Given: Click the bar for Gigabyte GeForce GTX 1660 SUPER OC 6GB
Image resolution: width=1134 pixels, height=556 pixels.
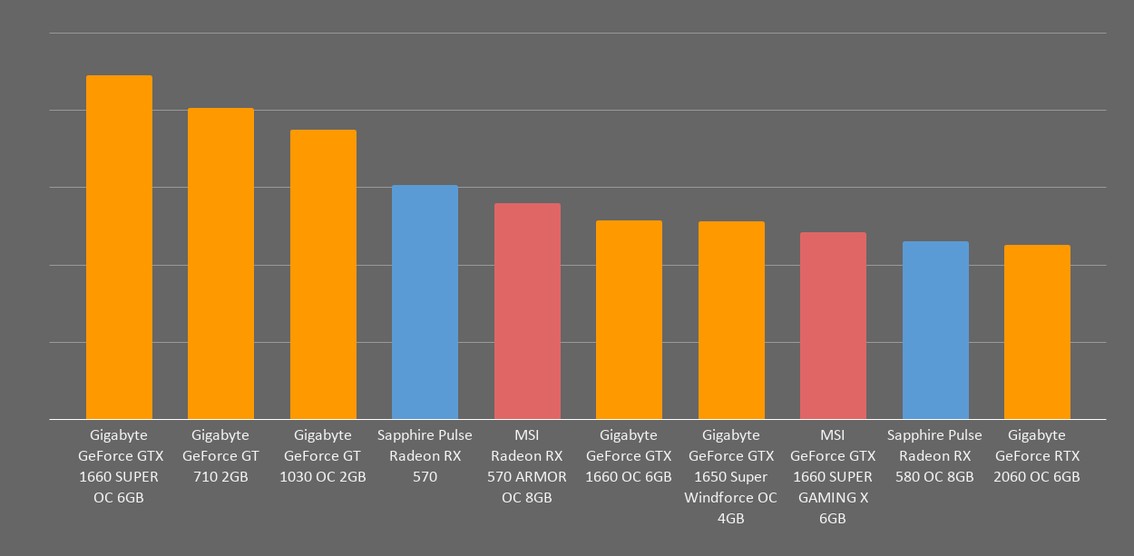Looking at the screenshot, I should pyautogui.click(x=119, y=247).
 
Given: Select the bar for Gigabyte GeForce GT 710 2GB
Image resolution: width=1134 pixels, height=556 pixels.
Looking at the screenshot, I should pyautogui.click(x=220, y=263).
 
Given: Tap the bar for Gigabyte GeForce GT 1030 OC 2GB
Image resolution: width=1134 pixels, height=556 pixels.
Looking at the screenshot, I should pyautogui.click(x=323, y=274).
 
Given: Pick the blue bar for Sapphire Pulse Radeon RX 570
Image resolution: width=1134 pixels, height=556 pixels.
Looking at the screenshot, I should pyautogui.click(x=425, y=302).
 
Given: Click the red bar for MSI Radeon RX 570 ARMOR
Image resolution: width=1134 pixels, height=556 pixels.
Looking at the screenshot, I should pyautogui.click(x=527, y=311).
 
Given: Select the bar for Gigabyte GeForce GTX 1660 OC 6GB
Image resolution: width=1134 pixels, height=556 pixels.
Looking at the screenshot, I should pyautogui.click(x=629, y=319).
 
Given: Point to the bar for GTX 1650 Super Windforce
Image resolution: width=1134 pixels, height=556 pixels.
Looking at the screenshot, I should pyautogui.click(x=731, y=320).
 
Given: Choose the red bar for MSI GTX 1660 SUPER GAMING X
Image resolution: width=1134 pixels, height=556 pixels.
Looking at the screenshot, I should pyautogui.click(x=833, y=326).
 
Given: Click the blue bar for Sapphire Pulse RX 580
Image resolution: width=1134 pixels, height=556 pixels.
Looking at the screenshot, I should pyautogui.click(x=935, y=330).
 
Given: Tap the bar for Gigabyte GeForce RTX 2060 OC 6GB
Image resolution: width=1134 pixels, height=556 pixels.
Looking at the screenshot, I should pyautogui.click(x=1037, y=332).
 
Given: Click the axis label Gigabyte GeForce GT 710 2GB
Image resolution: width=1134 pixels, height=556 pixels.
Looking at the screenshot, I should pyautogui.click(x=220, y=456).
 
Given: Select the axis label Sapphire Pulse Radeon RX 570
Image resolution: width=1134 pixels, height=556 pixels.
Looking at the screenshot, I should pyautogui.click(x=425, y=456).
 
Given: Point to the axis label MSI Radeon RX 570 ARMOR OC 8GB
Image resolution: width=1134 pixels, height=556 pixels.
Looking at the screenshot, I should pyautogui.click(x=527, y=466).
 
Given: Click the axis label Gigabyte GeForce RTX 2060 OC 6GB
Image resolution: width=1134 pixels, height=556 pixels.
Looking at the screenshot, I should pyautogui.click(x=1037, y=456).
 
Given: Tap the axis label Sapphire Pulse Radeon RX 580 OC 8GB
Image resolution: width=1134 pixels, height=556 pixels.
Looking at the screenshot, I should pyautogui.click(x=935, y=456).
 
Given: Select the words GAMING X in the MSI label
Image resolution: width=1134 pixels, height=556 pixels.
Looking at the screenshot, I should pyautogui.click(x=833, y=498).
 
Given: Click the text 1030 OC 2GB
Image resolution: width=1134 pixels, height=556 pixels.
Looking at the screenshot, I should pyautogui.click(x=323, y=477).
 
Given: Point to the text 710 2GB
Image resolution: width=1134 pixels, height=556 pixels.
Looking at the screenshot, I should pyautogui.click(x=220, y=477).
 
